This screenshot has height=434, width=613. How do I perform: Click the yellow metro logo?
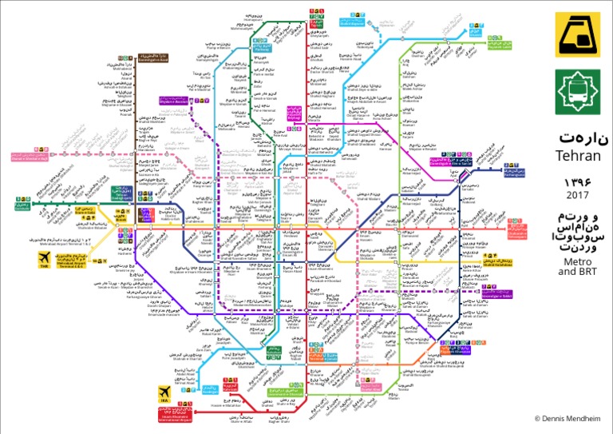577,34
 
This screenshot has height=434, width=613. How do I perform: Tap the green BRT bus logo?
577,90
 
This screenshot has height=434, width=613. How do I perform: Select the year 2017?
577,195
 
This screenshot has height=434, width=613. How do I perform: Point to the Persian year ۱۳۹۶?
577,181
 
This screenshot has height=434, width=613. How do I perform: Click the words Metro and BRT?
577,266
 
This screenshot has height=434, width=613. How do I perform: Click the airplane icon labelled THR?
45,258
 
